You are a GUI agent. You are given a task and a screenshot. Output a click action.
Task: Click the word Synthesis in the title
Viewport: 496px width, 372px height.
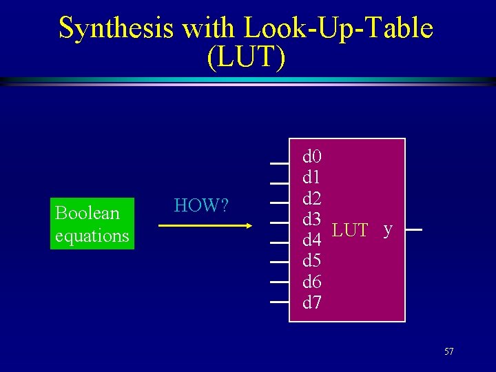coord(115,28)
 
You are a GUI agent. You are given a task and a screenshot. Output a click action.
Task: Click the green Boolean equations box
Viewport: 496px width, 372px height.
coord(92,224)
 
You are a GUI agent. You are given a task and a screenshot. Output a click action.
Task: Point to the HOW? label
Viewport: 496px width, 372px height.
coord(201,205)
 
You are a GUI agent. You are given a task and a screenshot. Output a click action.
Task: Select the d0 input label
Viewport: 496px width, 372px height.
coord(312,157)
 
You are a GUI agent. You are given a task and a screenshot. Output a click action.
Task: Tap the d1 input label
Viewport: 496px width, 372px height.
coord(312,178)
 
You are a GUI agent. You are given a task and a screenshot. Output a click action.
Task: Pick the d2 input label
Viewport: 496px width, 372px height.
coord(312,198)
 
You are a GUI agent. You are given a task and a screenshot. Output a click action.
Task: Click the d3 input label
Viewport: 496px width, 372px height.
coord(312,219)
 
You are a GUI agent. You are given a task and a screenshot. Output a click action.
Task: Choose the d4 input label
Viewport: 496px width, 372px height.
coord(312,240)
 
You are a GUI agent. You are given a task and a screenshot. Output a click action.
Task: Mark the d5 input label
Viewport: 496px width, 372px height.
coord(312,260)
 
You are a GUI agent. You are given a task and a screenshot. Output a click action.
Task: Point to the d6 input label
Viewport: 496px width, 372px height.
coord(312,281)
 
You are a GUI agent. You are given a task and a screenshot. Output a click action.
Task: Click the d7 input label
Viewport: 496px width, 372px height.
coord(312,302)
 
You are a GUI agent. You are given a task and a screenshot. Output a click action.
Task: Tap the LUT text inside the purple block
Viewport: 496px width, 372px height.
coord(350,230)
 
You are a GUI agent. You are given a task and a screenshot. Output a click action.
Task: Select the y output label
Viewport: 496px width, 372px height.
coord(389,229)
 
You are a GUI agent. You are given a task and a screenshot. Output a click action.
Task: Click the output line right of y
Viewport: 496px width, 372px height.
coord(413,231)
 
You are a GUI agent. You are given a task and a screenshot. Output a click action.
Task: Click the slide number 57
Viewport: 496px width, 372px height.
coord(449,352)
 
